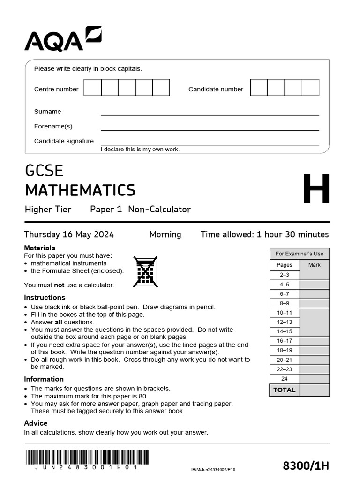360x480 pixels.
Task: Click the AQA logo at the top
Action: pyautogui.click(x=63, y=39)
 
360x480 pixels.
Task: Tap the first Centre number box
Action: pyautogui.click(x=93, y=88)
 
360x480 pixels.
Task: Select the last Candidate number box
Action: pyautogui.click(x=310, y=88)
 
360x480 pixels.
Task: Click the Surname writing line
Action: pyautogui.click(x=210, y=112)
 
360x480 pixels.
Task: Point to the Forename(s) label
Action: pyautogui.click(x=53, y=126)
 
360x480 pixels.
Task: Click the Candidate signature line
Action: pyautogui.click(x=210, y=142)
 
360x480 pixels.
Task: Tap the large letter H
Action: pyautogui.click(x=316, y=190)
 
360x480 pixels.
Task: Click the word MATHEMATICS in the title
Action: pyautogui.click(x=80, y=190)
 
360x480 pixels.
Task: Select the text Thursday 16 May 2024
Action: pyautogui.click(x=69, y=234)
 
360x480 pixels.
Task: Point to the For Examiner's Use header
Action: pyautogui.click(x=299, y=254)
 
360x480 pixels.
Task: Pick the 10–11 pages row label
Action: pyautogui.click(x=285, y=313)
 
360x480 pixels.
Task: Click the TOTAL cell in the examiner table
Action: pyautogui.click(x=285, y=390)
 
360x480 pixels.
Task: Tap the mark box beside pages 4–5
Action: pyautogui.click(x=314, y=285)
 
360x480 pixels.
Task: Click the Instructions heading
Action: pyautogui.click(x=45, y=297)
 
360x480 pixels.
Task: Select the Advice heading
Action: pyautogui.click(x=36, y=423)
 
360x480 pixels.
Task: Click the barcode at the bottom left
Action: pyautogui.click(x=87, y=457)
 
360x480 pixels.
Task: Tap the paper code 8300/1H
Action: pyautogui.click(x=306, y=465)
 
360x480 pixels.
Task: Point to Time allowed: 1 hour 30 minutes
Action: pyautogui.click(x=264, y=234)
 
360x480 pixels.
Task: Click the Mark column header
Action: pyautogui.click(x=314, y=265)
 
